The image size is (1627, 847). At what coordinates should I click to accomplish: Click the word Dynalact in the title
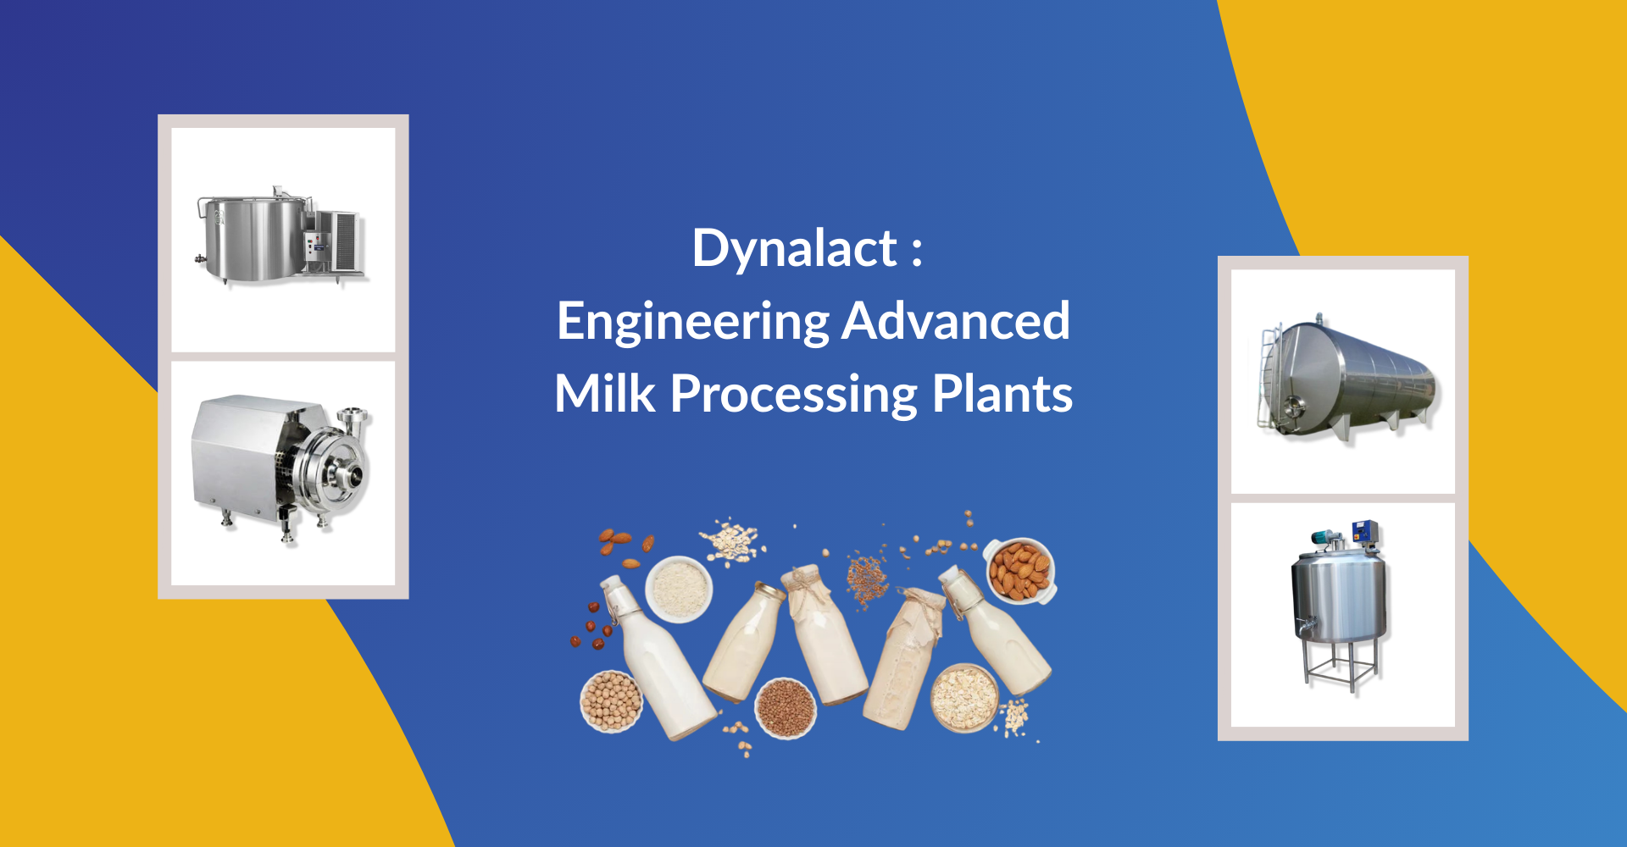(794, 249)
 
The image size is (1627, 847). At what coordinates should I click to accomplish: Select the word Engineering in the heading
(693, 323)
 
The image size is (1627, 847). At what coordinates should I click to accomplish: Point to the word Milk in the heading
(605, 394)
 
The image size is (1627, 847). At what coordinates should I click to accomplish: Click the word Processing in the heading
(794, 396)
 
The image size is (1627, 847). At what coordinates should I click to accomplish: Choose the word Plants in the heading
(1002, 394)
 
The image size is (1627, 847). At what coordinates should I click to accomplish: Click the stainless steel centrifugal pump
(281, 467)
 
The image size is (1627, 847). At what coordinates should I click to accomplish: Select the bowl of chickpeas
(611, 701)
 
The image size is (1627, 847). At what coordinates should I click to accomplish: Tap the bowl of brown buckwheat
(786, 707)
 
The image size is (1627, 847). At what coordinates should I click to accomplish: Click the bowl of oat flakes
(964, 698)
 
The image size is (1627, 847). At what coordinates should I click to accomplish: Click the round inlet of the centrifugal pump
(349, 474)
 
